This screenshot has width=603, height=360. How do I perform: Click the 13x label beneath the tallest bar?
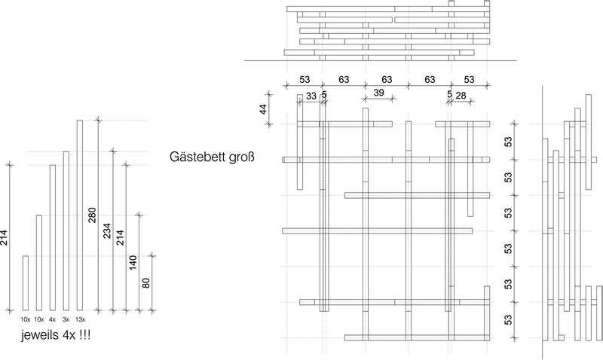79,319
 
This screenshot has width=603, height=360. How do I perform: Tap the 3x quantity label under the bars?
66,319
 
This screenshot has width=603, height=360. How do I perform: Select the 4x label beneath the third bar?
52,319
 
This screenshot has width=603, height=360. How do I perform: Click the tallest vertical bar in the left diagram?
79,215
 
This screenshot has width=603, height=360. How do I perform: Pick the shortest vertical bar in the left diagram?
25,283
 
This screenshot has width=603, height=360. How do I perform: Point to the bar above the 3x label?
66,230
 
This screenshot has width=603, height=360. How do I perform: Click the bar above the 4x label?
52,237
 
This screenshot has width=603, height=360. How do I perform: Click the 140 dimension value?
133,263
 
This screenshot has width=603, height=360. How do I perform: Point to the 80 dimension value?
146,282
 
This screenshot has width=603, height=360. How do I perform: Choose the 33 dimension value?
311,96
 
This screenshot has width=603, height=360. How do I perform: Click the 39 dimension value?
379,92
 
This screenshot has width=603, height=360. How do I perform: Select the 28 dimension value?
461,96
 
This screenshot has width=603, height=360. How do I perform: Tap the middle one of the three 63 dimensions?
387,79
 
